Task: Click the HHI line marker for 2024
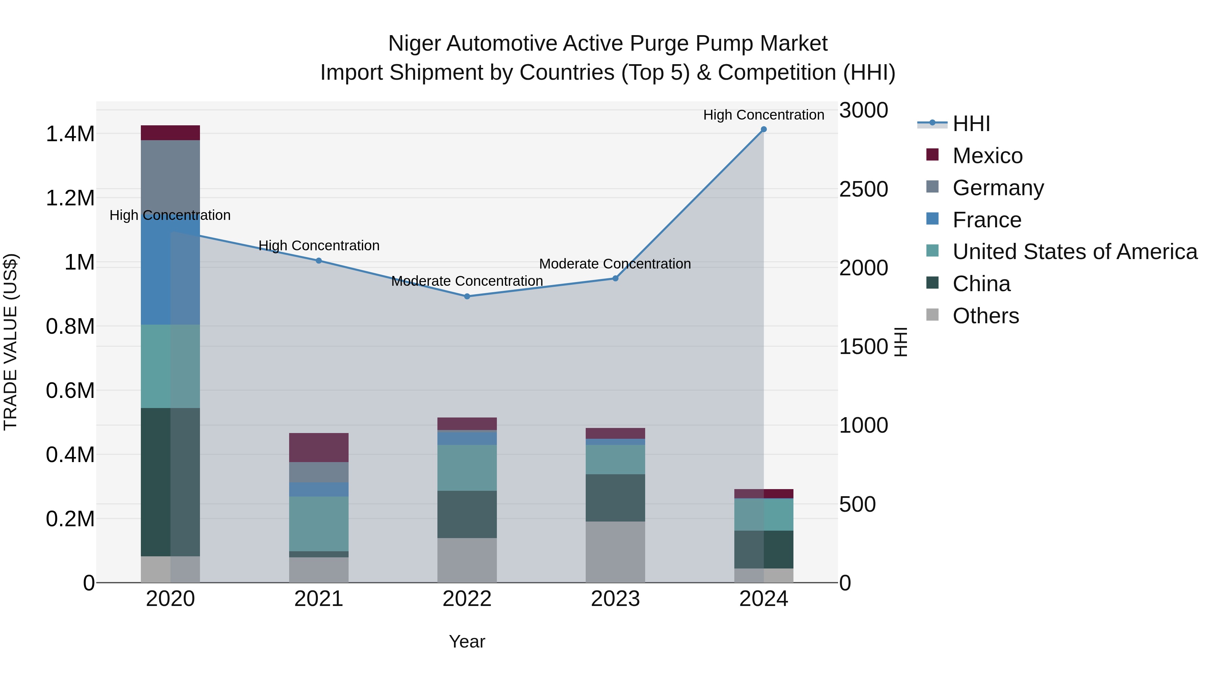click(x=763, y=129)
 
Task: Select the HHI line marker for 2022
click(x=467, y=297)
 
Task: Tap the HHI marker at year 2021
click(x=319, y=260)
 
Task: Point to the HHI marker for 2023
click(x=615, y=279)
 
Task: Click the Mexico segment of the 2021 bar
click(x=319, y=448)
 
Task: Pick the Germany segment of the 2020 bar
click(x=171, y=175)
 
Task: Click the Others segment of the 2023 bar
click(x=615, y=552)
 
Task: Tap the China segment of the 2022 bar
click(x=467, y=514)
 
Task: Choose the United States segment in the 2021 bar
click(x=319, y=524)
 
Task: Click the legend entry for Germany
click(x=998, y=188)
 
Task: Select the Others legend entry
click(x=986, y=316)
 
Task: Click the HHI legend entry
click(x=971, y=124)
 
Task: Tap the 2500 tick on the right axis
click(x=863, y=189)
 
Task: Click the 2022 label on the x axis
click(x=467, y=599)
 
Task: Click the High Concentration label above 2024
click(x=763, y=115)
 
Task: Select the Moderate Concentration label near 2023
click(x=615, y=264)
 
